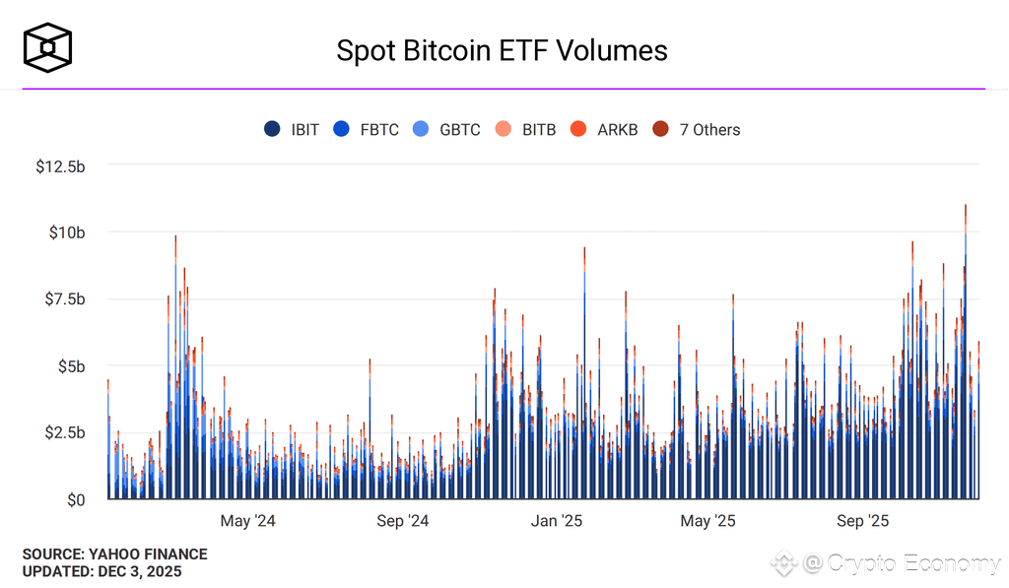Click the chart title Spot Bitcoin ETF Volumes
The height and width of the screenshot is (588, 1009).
point(503,50)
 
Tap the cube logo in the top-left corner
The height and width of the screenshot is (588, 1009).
point(48,49)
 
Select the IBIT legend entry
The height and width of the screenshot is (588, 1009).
point(293,129)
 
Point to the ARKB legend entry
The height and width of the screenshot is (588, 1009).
point(605,129)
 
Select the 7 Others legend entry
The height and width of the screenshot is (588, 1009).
point(697,129)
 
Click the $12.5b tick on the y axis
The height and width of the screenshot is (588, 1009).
point(60,165)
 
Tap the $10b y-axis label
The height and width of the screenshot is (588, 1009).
point(67,232)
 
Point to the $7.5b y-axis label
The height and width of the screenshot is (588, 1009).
point(64,299)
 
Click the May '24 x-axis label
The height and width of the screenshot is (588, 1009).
point(248,521)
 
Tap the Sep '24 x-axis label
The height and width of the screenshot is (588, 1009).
point(404,521)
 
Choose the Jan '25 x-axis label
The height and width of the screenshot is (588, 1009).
point(558,521)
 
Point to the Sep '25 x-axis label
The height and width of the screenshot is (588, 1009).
point(863,521)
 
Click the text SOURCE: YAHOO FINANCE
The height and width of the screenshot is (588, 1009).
point(115,555)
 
